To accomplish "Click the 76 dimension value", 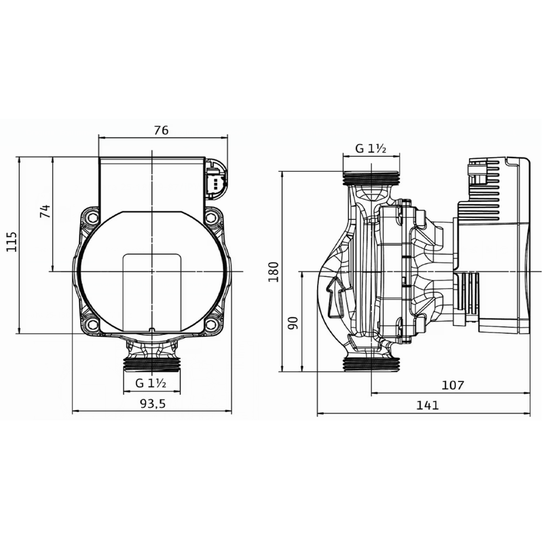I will click(161, 130).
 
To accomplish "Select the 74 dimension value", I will click(45, 211).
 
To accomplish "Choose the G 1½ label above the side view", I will click(371, 149).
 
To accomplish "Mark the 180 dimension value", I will click(274, 271).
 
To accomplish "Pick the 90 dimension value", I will click(293, 322).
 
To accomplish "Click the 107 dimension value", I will click(452, 386).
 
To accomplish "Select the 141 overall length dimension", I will click(428, 405).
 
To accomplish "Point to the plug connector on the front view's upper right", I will click(216, 181).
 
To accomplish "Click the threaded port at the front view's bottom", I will click(152, 363).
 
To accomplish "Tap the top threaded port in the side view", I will click(371, 179).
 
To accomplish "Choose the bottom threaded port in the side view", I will click(371, 364).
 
